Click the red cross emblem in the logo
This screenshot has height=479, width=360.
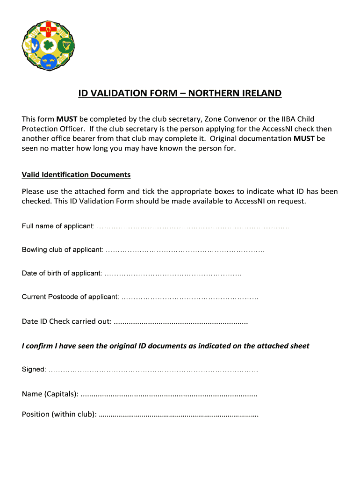pyautogui.click(x=48, y=31)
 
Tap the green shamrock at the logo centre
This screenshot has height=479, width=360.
pyautogui.click(x=48, y=45)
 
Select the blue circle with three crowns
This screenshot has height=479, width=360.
pyautogui.click(x=48, y=60)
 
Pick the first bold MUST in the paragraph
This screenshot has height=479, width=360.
pyautogui.click(x=64, y=119)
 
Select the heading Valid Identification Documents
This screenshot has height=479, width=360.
pyautogui.click(x=76, y=174)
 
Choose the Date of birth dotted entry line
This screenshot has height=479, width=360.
pyautogui.click(x=173, y=273)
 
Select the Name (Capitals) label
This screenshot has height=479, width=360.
pyautogui.click(x=50, y=394)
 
